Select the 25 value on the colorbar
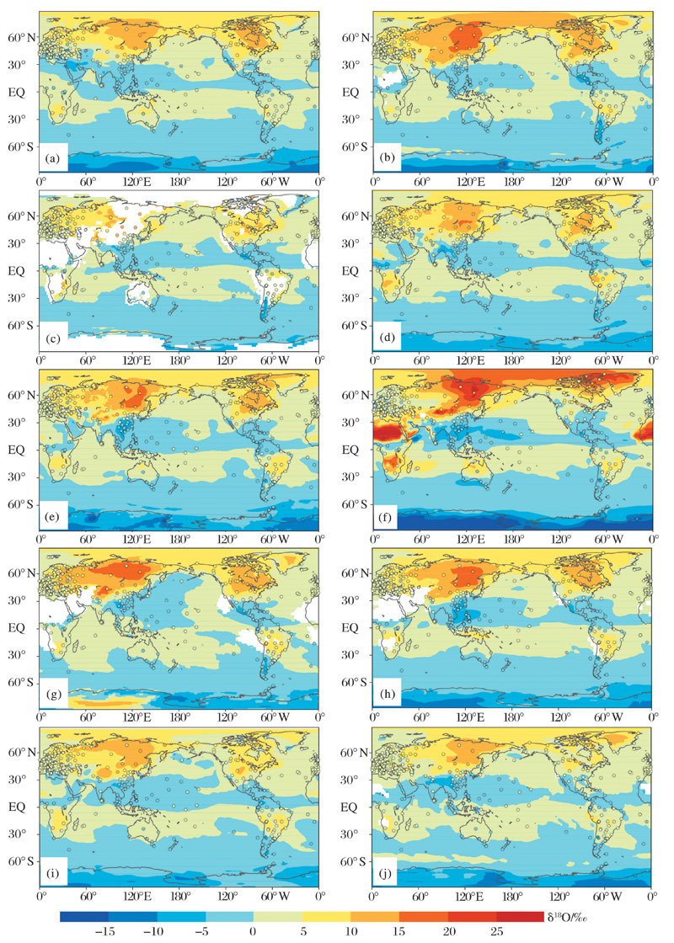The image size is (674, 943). (x=497, y=931)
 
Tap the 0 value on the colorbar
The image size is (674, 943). (x=253, y=931)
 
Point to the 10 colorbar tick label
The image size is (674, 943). (x=350, y=931)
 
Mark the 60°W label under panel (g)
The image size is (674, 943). (x=274, y=722)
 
